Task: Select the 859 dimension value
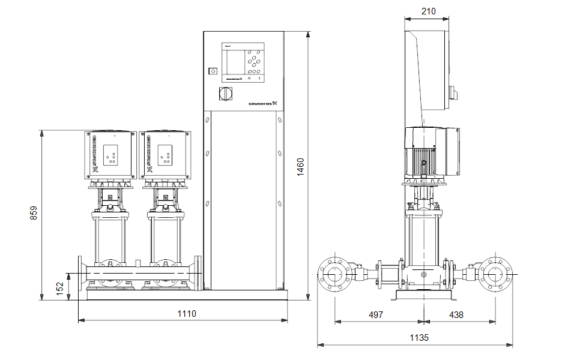34,214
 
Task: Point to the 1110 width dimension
187,313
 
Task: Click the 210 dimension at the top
428,11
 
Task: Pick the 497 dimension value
375,314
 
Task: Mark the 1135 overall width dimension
419,338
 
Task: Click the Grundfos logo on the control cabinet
264,103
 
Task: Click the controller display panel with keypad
243,62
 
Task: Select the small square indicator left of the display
212,71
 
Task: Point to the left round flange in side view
334,275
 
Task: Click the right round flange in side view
495,275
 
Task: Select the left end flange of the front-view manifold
80,275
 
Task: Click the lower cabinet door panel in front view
243,198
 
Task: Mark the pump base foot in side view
423,296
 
